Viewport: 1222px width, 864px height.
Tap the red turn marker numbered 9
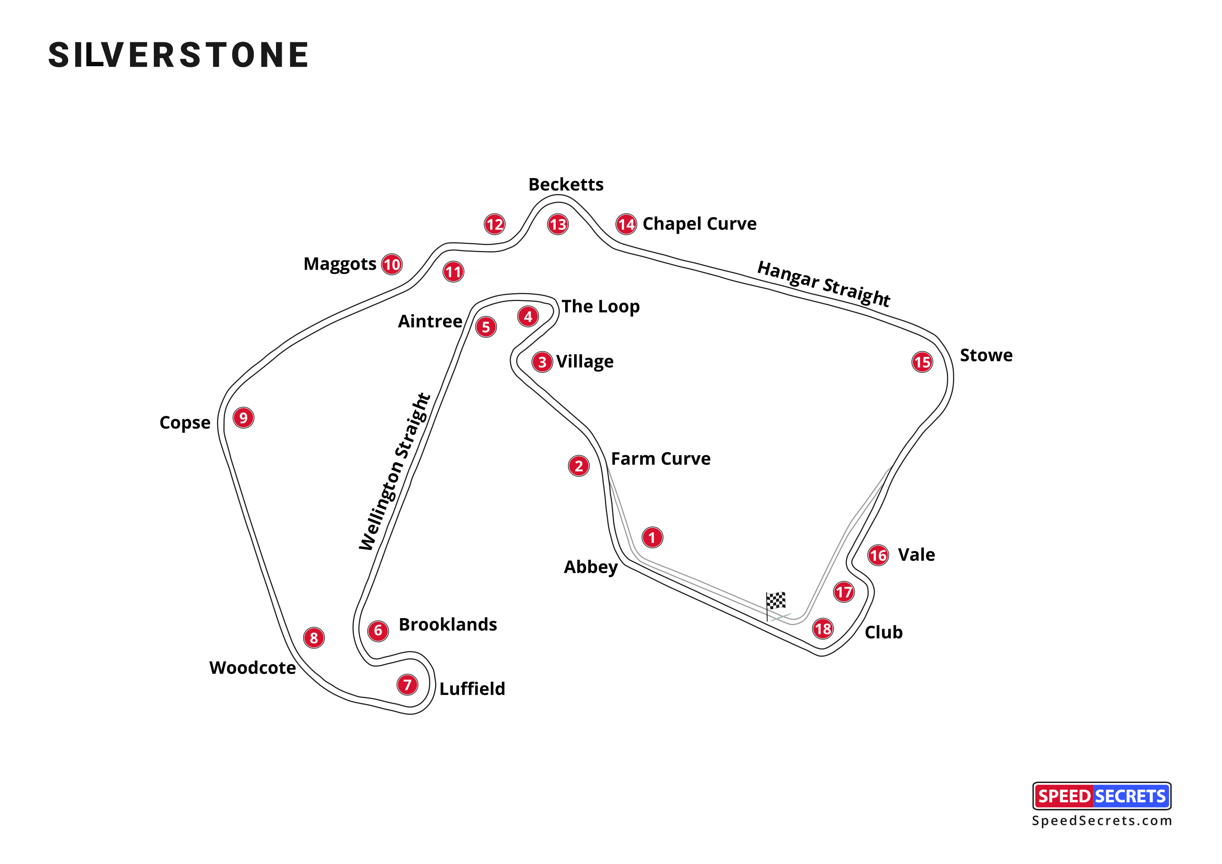point(243,418)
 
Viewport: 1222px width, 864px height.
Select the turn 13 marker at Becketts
point(558,225)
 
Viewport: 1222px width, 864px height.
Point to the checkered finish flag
point(775,601)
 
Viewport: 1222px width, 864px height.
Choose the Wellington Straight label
point(394,472)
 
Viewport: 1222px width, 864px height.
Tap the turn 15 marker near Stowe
point(922,362)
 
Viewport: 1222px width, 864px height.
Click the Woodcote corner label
point(252,668)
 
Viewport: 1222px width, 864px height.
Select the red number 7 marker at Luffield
point(407,685)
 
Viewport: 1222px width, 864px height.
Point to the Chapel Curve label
point(699,224)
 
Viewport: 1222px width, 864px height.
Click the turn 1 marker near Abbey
point(652,537)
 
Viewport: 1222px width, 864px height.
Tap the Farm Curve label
point(661,459)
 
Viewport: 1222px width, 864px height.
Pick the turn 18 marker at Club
point(822,629)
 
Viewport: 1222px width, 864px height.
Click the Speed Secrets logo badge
point(1101,796)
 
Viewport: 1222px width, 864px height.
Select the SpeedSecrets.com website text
point(1101,821)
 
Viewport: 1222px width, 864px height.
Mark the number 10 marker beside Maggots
point(392,264)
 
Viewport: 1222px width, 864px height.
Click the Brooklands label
point(448,625)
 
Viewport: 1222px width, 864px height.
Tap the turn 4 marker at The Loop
point(528,317)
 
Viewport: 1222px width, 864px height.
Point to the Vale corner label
point(916,555)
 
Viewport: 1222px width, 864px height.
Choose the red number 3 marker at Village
point(542,362)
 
